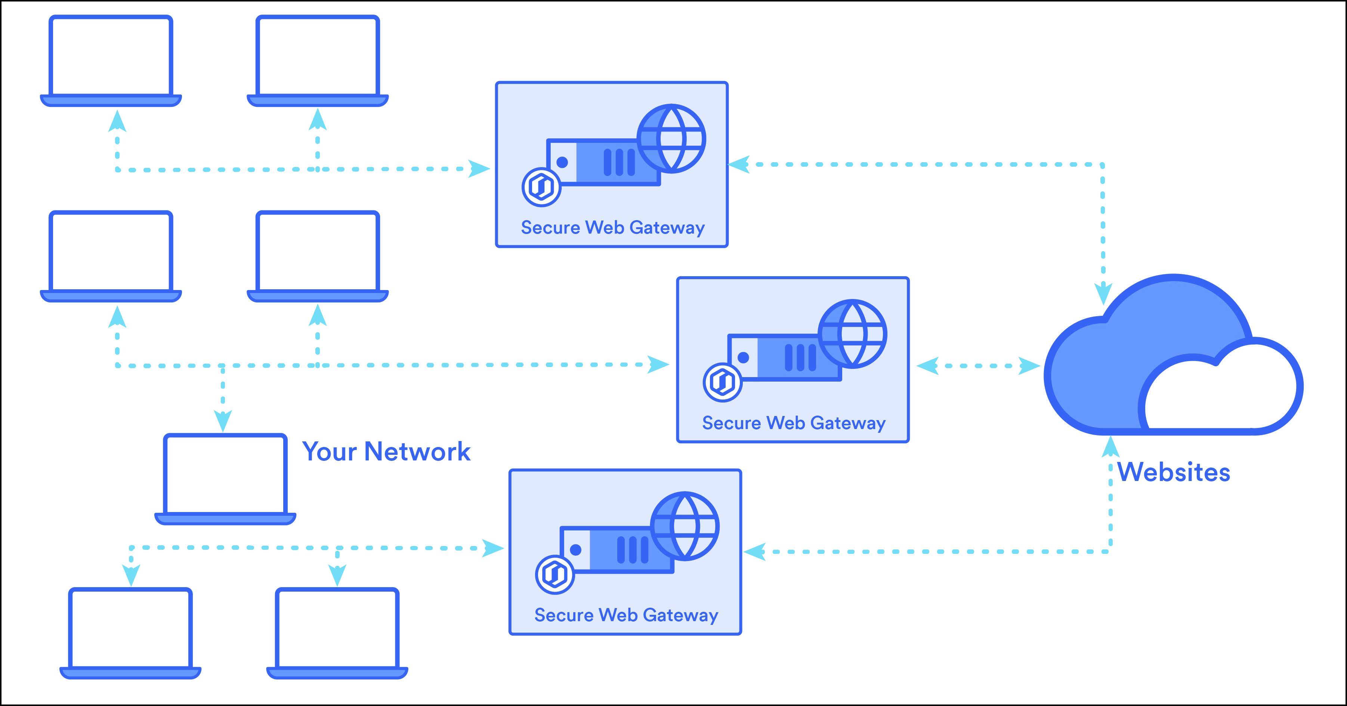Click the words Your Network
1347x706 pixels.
coord(386,451)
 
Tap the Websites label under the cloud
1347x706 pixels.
coord(1173,472)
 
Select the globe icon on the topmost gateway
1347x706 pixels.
coord(671,139)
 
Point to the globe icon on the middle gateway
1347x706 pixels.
coord(852,334)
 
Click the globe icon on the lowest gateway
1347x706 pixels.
coord(685,526)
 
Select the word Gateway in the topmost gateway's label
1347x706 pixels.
coord(667,228)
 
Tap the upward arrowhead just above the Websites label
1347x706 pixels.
coord(1110,447)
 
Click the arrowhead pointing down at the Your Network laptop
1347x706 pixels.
coord(223,420)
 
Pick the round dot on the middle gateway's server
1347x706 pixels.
coord(743,357)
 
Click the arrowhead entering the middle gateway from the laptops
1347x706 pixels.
coord(658,364)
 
